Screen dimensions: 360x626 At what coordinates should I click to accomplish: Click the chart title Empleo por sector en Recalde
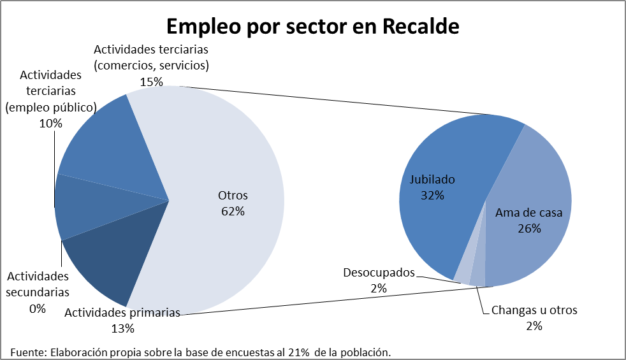coord(312,27)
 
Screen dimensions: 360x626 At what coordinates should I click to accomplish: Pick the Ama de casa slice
coord(535,248)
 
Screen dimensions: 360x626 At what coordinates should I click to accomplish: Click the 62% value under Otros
coord(233,212)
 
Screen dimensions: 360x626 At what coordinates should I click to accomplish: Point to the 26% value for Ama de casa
coord(529,228)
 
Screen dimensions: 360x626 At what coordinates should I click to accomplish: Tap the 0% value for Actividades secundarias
coord(37,309)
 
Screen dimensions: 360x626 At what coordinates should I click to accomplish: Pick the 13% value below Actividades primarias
coord(122,329)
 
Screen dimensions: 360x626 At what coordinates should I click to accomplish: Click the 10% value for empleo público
coord(50,124)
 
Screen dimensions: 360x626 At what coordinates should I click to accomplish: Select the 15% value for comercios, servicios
coord(151,82)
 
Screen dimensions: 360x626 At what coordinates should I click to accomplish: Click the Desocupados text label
coord(379,273)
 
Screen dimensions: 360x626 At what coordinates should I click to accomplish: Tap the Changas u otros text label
coord(534,310)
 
